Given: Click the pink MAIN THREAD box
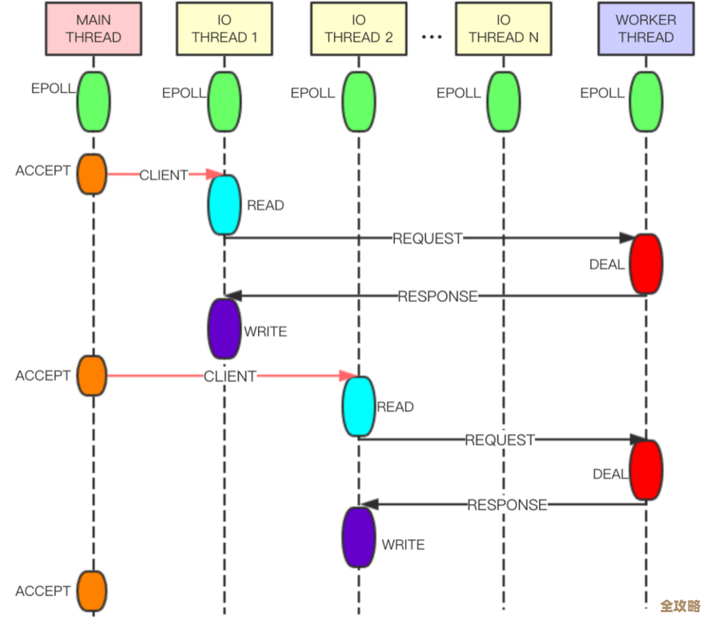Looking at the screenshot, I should click(x=94, y=29).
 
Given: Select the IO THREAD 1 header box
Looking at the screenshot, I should click(x=224, y=29).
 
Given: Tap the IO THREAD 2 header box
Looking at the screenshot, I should click(x=359, y=29).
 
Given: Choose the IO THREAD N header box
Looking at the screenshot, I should click(x=503, y=29).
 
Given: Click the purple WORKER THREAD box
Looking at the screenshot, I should click(x=645, y=29).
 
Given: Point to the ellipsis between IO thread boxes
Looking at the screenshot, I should click(x=432, y=37).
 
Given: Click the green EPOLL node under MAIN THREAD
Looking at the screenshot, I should click(x=94, y=102).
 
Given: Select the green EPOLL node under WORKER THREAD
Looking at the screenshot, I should click(x=646, y=102).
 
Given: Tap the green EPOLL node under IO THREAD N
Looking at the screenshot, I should click(x=503, y=102).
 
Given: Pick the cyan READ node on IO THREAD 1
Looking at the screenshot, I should click(x=224, y=205).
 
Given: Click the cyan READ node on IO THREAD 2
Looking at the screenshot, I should click(x=359, y=406).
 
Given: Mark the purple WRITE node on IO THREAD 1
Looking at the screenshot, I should click(x=224, y=329).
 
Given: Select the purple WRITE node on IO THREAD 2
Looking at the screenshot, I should click(x=359, y=537).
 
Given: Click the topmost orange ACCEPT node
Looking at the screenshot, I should click(x=92, y=174).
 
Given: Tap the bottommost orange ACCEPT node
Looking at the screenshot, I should click(x=92, y=591).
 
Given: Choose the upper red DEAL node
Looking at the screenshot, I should click(x=646, y=264).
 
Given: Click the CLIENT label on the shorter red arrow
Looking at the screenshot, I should click(x=164, y=175).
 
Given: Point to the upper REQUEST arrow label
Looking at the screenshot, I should click(x=427, y=239).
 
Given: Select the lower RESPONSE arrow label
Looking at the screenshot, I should click(x=507, y=505).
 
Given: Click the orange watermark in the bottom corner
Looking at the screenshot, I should click(x=680, y=606).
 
